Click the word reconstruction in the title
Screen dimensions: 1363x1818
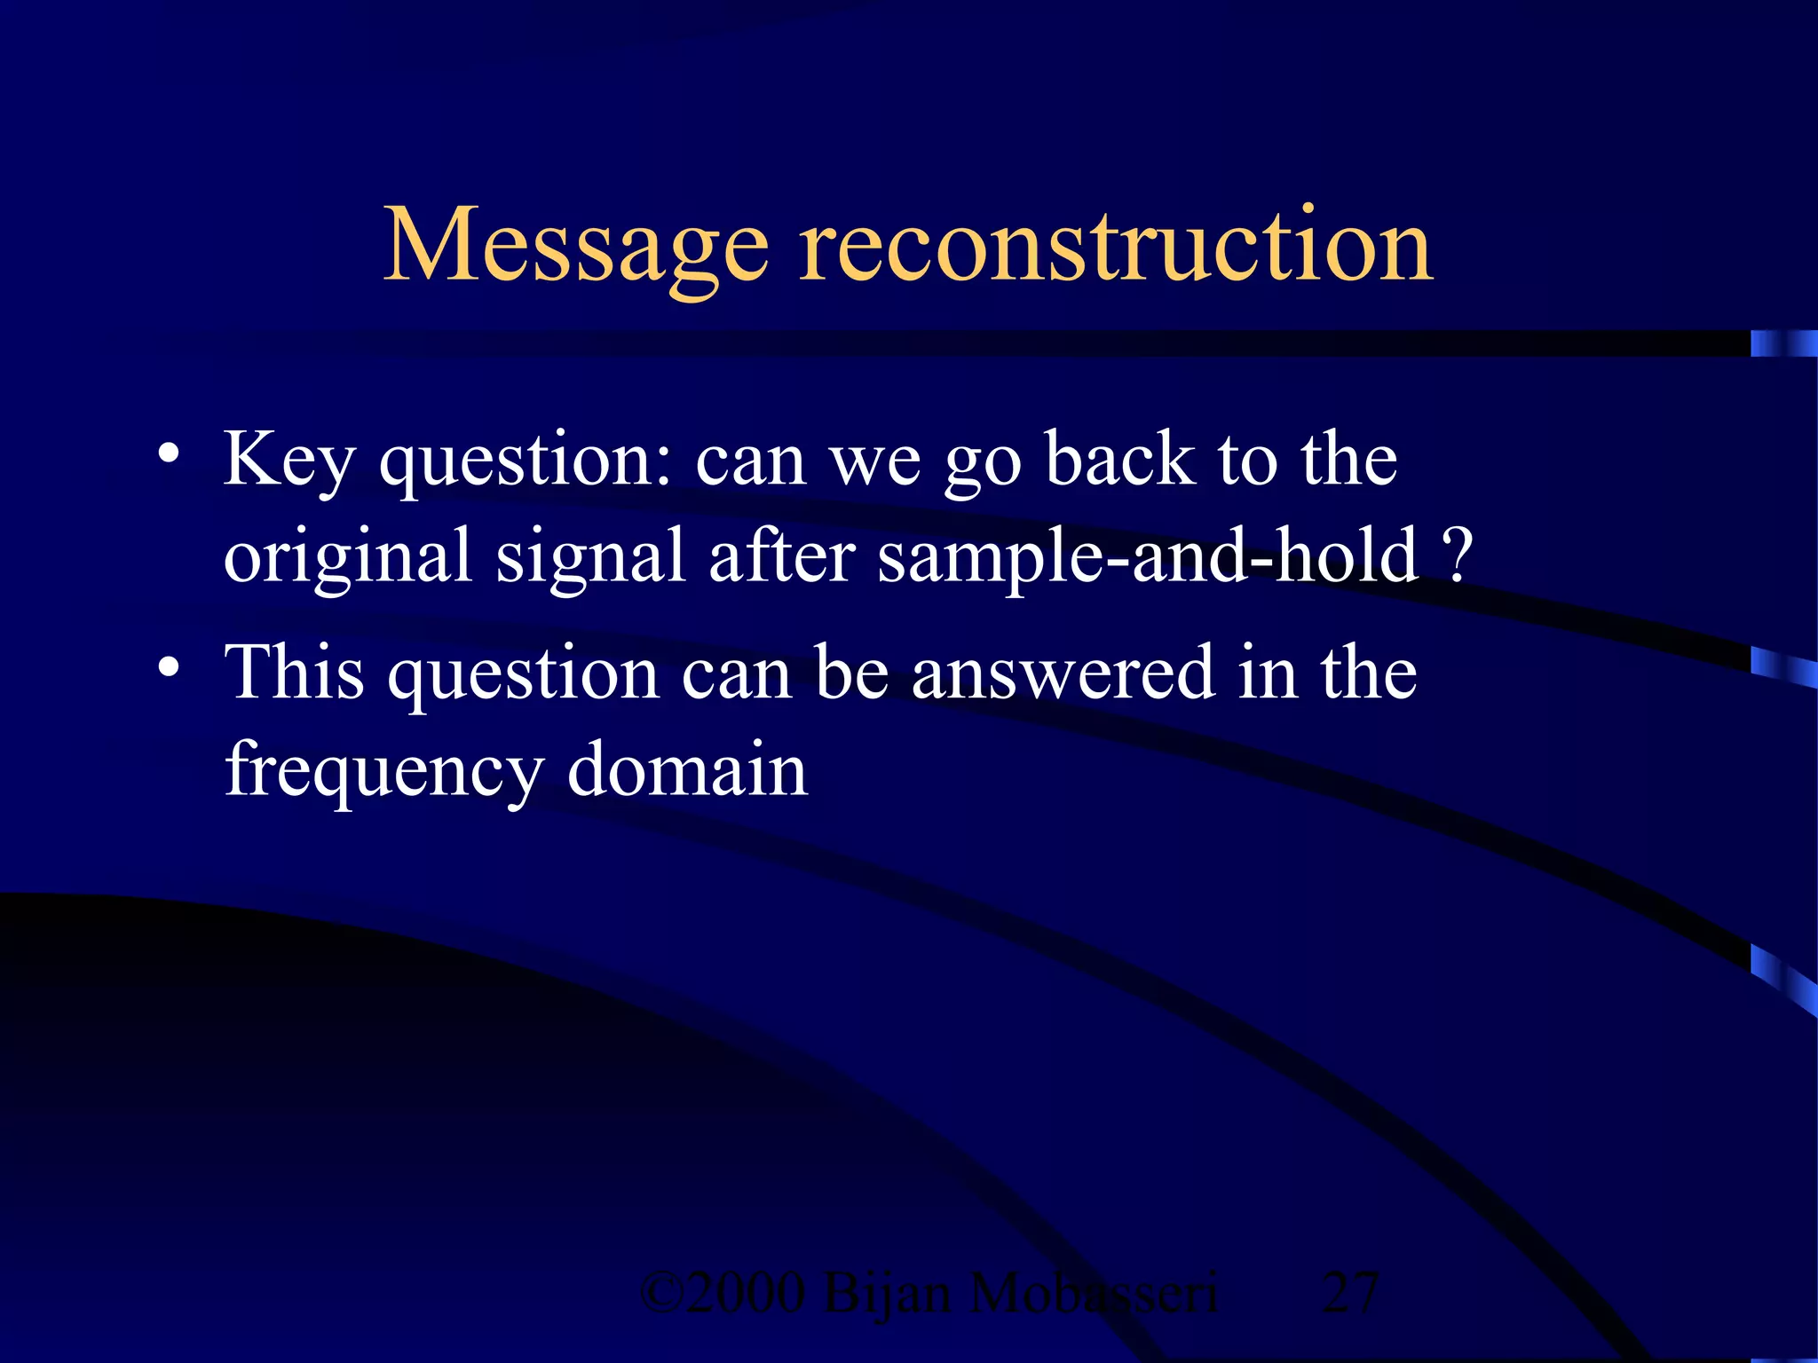(x=1116, y=245)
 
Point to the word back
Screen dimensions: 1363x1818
(x=1120, y=460)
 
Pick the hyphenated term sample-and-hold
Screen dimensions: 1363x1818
(x=1148, y=557)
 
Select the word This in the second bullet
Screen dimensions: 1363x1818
(x=294, y=672)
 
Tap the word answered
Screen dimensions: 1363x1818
(x=1063, y=673)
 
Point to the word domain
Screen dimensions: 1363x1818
(x=687, y=768)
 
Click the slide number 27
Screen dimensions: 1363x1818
(x=1349, y=1292)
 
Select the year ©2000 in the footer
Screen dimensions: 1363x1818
(x=723, y=1292)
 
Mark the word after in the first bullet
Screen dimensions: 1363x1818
(x=782, y=557)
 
